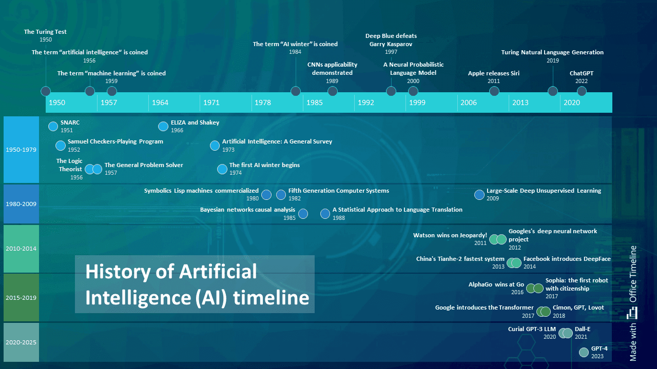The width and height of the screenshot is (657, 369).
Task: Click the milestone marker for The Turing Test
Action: pos(46,91)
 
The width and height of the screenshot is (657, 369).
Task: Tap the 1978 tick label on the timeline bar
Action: pos(262,102)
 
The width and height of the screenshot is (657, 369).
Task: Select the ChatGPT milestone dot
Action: pos(582,91)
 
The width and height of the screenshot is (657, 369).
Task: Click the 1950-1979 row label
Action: pos(21,150)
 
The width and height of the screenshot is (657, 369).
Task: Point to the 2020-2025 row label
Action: pos(21,342)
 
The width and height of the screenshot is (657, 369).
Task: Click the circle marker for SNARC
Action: pos(53,126)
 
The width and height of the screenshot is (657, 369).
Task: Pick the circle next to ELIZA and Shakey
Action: pos(163,126)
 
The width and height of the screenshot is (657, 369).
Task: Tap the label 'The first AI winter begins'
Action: pos(264,165)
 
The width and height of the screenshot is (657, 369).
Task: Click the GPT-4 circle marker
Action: pos(584,352)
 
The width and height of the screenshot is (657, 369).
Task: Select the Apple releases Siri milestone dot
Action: pos(494,91)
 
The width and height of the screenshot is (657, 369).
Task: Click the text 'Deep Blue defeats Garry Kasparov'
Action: pos(391,40)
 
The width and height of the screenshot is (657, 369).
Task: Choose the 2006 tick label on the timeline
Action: pos(469,102)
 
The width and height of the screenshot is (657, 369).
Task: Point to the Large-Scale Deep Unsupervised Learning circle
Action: pos(479,194)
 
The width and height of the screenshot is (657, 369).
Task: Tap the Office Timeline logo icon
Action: pos(633,312)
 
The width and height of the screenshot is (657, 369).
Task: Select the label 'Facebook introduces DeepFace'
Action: pos(567,259)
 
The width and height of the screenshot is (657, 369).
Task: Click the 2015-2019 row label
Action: pos(21,297)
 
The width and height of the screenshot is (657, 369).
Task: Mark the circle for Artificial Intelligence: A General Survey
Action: pos(215,146)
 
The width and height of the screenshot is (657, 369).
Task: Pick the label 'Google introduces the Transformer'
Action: pos(477,307)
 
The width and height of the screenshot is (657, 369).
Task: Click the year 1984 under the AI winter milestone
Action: pos(295,52)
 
